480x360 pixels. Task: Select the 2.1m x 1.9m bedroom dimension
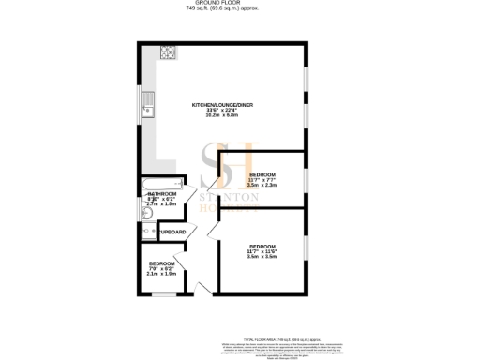(162, 274)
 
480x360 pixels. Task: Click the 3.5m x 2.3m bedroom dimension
(262, 186)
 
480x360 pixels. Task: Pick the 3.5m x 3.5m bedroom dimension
(262, 256)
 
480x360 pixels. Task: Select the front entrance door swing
(204, 286)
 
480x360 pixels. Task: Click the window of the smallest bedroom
(161, 294)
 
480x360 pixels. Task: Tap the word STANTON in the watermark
(251, 199)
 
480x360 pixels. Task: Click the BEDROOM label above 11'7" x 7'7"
(262, 175)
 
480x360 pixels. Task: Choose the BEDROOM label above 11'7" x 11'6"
(262, 246)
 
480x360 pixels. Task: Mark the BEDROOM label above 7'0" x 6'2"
(162, 263)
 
